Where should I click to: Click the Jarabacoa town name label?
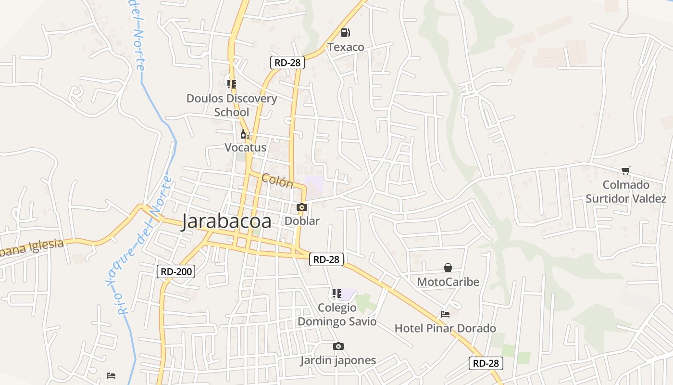pos(226,221)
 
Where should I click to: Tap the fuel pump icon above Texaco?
pos(345,33)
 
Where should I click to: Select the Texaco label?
pos(346,47)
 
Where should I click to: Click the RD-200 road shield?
pos(176,271)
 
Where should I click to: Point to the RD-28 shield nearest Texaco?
pos(287,62)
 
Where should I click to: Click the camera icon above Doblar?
pos(302,207)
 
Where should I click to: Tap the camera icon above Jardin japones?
pos(338,346)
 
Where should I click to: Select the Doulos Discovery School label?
pos(232,105)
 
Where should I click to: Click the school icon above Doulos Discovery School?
pos(232,84)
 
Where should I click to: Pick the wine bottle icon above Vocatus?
pos(245,134)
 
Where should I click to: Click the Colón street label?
pos(277,181)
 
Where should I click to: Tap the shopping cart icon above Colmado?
pos(625,170)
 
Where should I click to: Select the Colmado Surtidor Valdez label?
pos(626,192)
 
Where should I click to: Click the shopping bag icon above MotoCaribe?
pos(448,268)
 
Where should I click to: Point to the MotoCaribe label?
pos(448,282)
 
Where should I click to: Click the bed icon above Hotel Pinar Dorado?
pos(445,314)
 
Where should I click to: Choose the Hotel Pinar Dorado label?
pos(445,328)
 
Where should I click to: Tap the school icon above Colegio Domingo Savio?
pos(337,293)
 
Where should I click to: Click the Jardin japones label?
pos(338,360)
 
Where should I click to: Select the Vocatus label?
pos(245,147)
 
